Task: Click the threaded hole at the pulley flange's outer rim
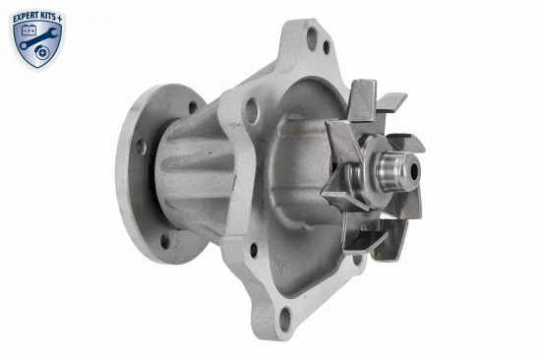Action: pyautogui.click(x=141, y=148)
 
